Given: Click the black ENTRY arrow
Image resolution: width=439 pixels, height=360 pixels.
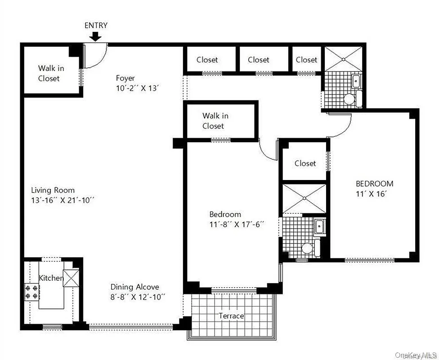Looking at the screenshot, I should click(95, 36).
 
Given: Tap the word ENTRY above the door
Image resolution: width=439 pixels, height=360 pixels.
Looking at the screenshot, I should click(96, 25).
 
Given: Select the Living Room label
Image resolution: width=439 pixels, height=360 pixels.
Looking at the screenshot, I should click(53, 190).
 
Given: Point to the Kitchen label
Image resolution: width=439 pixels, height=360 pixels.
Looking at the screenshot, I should click(50, 278).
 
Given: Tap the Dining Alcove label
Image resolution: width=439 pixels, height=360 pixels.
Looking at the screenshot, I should click(135, 287).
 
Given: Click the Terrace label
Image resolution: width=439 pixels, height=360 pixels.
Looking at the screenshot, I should click(231, 316).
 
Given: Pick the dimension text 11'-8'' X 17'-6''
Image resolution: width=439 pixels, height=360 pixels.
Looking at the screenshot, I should click(236, 224).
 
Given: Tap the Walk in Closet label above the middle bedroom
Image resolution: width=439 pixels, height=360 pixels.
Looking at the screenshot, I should click(215, 121).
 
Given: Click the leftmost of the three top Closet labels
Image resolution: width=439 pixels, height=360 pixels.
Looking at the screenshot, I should click(207, 59).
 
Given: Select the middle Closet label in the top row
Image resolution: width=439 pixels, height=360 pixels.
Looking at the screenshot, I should click(258, 59).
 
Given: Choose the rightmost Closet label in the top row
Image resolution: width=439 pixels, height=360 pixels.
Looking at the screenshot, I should click(306, 59).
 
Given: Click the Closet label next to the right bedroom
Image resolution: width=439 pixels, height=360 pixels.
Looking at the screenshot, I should click(305, 163).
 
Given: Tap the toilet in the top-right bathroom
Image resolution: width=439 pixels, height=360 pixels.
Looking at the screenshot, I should click(349, 99).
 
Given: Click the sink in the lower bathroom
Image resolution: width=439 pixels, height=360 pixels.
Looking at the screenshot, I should click(319, 226).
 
